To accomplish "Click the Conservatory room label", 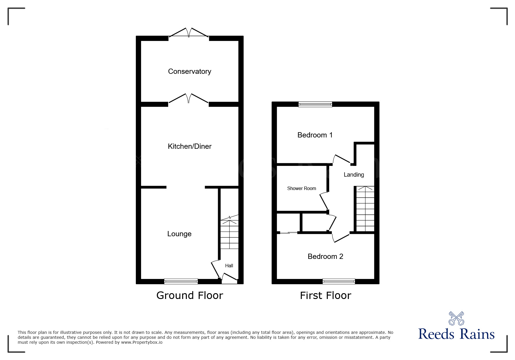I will pos(189,71).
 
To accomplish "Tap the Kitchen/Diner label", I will pos(189,146).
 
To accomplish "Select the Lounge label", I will pos(179,234).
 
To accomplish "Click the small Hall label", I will pos(229,266).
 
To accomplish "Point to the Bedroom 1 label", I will pos(315,135).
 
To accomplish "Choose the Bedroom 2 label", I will pos(325,257).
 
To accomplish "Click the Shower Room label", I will pos(301,189).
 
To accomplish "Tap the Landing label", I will pos(354,175).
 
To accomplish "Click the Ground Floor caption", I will pos(190,295).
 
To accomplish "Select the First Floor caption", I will pos(325,296).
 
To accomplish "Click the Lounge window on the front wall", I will pos(181,281).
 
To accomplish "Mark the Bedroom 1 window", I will pos(315,104).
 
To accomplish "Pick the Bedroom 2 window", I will pos(338,281).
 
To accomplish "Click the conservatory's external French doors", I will pos(189,33).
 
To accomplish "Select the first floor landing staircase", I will pos(365,209).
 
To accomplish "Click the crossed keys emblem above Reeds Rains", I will pos(456,318).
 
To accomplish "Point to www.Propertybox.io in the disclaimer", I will pos(142,343).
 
